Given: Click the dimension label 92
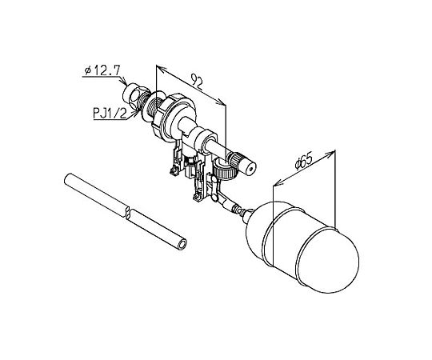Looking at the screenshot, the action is click(x=197, y=82).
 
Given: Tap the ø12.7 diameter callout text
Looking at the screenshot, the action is click(x=102, y=70).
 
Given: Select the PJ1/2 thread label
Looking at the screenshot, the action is click(x=110, y=113).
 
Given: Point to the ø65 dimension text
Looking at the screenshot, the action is click(x=304, y=161).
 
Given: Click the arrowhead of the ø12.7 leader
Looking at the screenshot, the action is click(x=124, y=82).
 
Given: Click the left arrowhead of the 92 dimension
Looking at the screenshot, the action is click(x=160, y=68).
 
